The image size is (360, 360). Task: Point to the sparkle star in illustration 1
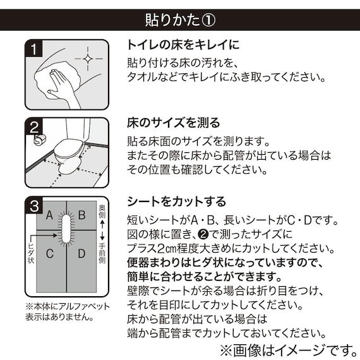click(x=89, y=61)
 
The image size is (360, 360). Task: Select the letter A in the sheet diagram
click(x=49, y=215)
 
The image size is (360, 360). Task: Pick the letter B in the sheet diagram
click(x=81, y=215)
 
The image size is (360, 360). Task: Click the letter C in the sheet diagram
click(x=49, y=254)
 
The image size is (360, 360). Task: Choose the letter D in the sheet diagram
click(x=81, y=254)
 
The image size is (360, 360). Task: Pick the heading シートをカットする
click(x=176, y=201)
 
